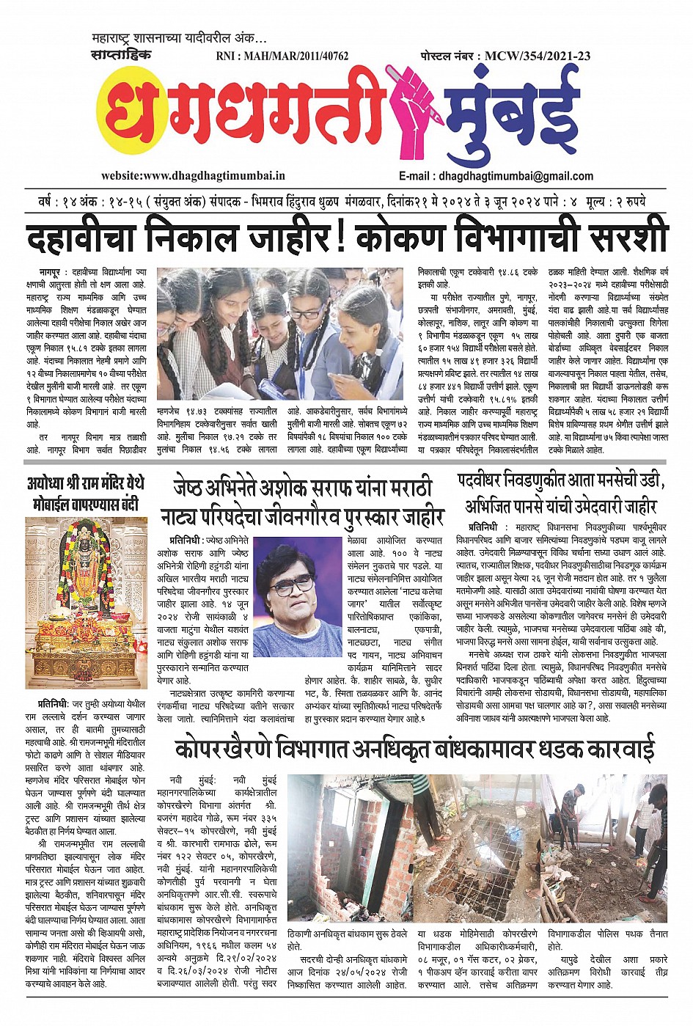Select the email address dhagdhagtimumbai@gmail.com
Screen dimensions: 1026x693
[x=496, y=176]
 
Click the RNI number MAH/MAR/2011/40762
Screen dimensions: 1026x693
[x=282, y=56]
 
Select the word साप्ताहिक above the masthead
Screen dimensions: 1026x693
[x=122, y=55]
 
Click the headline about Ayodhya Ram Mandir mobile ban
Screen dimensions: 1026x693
[x=86, y=494]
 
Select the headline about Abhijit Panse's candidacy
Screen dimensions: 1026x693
[x=561, y=494]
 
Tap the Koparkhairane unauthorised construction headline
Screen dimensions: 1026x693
[x=414, y=750]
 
